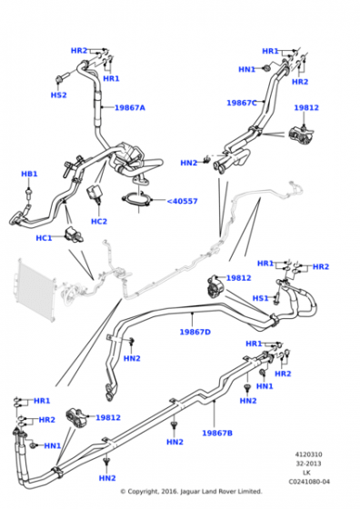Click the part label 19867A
click(x=130, y=108)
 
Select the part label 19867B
click(x=217, y=433)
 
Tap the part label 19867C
click(x=242, y=103)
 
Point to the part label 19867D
click(x=195, y=332)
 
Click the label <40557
click(x=182, y=201)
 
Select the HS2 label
click(x=59, y=95)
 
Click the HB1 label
click(x=29, y=174)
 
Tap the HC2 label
click(x=99, y=222)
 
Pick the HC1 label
click(x=44, y=238)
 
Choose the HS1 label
click(x=261, y=298)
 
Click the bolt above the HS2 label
click(x=62, y=77)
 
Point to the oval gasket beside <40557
click(x=136, y=200)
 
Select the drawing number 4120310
click(x=308, y=454)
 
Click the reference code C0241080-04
click(x=309, y=482)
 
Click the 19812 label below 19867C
click(x=306, y=108)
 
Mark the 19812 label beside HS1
click(x=238, y=278)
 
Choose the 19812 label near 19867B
click(x=108, y=418)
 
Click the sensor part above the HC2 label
click(x=94, y=194)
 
